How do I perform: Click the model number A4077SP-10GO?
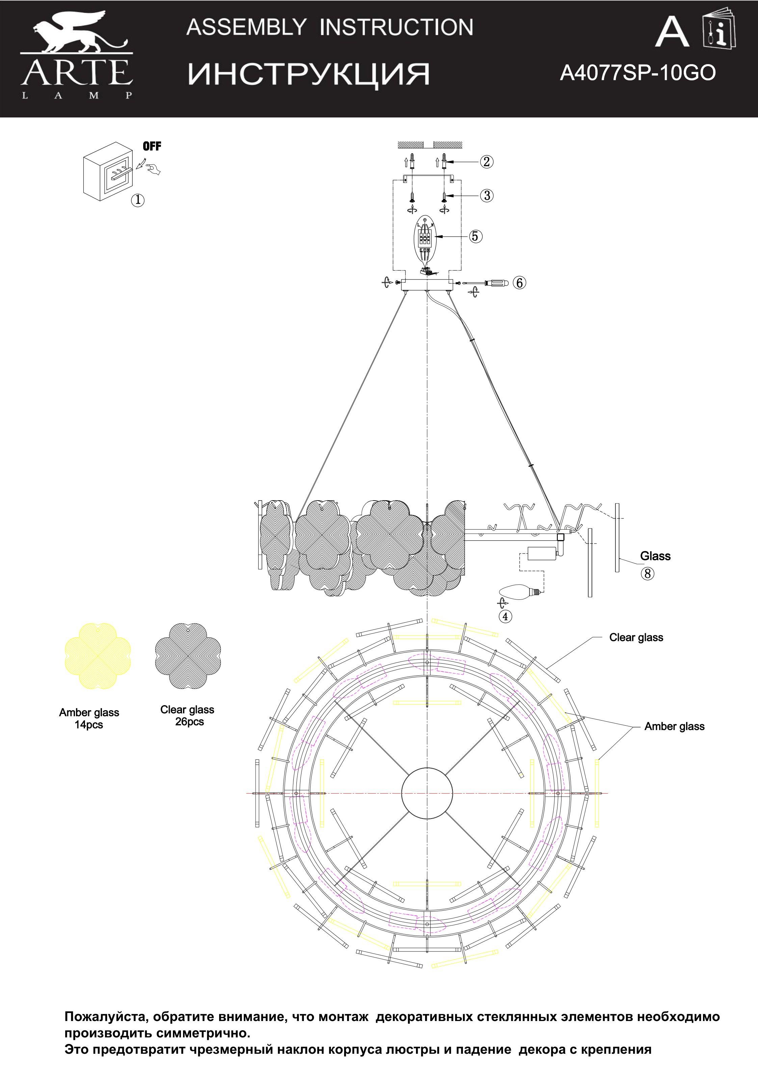coord(638,73)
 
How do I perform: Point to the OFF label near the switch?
coord(152,146)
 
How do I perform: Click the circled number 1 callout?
coord(137,200)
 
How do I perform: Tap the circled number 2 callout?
coord(486,162)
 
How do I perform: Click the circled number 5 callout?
coord(475,236)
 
